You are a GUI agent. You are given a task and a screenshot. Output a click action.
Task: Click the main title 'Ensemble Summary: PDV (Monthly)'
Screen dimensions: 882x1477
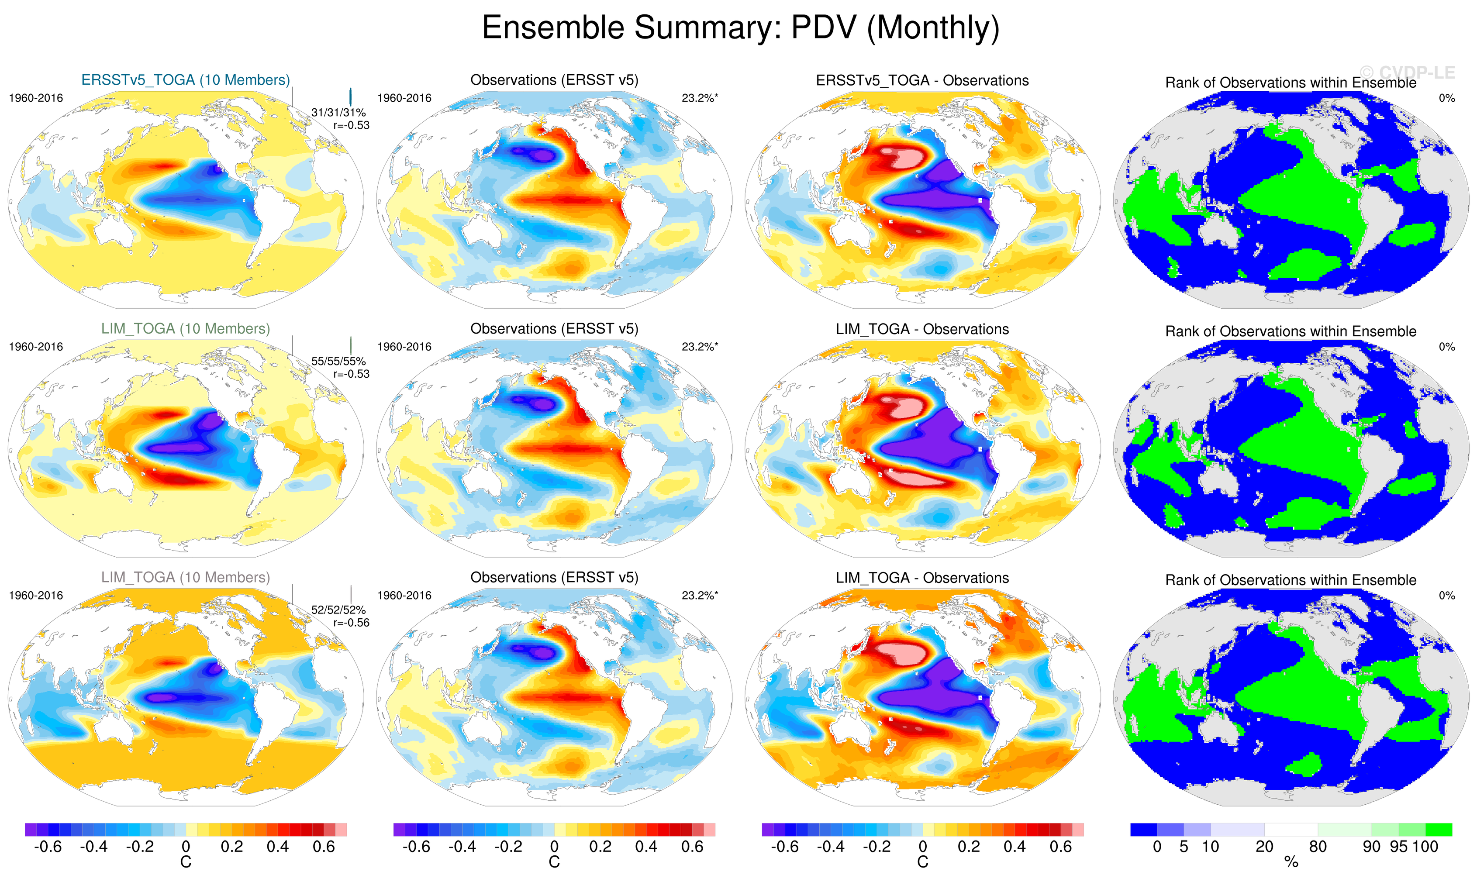point(740,28)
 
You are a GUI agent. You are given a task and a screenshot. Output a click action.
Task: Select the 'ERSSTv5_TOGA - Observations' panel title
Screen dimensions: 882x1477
point(922,81)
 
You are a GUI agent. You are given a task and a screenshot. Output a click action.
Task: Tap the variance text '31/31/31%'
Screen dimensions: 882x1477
point(338,112)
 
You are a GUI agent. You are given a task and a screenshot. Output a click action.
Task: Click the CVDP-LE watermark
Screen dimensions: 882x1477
point(1408,72)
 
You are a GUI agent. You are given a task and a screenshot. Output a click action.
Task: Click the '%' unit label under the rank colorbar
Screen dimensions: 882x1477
point(1291,862)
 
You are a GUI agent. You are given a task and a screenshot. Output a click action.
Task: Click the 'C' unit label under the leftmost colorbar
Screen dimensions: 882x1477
point(186,862)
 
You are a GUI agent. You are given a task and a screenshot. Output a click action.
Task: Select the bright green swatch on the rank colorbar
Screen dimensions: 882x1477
point(1439,830)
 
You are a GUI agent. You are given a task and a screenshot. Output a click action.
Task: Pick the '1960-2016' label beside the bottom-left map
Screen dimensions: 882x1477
point(36,596)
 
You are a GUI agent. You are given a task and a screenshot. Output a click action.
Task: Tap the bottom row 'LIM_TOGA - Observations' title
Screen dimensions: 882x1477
point(922,578)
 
